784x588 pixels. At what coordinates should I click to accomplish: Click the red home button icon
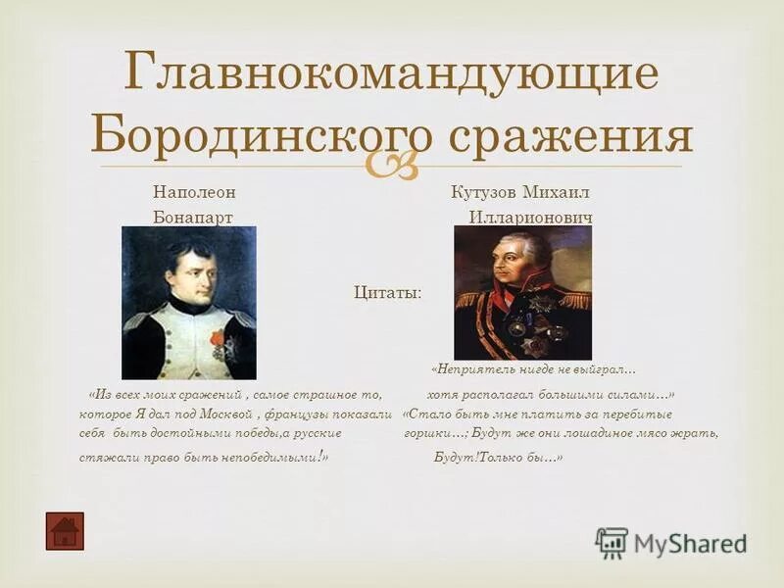click(65, 530)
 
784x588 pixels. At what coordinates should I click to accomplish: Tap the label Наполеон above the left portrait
click(194, 191)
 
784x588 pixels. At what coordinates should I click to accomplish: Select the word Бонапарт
click(193, 217)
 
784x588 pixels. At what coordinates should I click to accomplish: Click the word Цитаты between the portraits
click(388, 292)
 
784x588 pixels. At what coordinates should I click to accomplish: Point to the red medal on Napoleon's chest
click(218, 339)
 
